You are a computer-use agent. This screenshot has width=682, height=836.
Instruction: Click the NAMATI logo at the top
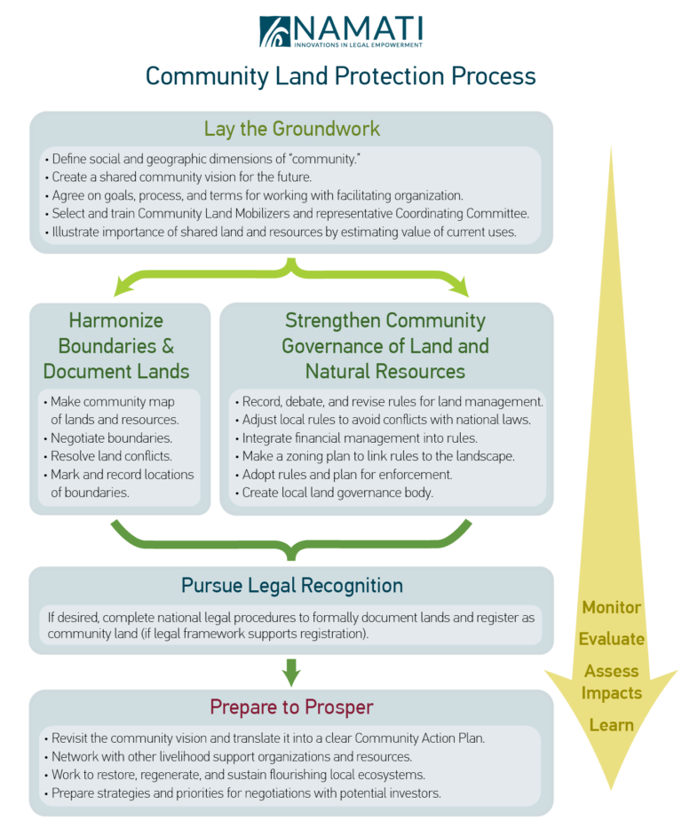(x=341, y=31)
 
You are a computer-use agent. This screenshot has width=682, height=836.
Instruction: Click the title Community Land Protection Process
(x=341, y=76)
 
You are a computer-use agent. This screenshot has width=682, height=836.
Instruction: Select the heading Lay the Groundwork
(x=291, y=129)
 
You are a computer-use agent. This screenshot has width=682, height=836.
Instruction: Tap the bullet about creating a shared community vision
(x=183, y=177)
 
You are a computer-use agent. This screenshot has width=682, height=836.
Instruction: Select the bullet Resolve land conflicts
(x=110, y=456)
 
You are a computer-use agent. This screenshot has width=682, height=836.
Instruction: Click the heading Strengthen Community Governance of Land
(x=385, y=345)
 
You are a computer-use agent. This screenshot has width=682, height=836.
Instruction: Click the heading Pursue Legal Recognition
(x=291, y=586)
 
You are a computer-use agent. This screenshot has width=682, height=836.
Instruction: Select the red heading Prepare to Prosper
(x=291, y=707)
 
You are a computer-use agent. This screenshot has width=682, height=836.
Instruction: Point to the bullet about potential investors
(x=245, y=793)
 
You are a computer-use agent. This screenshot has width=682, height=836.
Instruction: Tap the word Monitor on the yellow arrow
(x=611, y=608)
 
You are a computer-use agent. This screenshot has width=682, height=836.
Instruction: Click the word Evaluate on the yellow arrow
(x=611, y=639)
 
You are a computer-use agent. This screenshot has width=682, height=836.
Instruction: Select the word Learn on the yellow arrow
(x=611, y=725)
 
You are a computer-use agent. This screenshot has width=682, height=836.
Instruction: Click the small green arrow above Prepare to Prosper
(x=291, y=672)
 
